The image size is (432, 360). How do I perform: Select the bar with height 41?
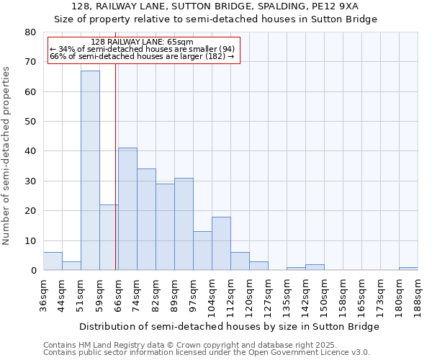tap(127, 209)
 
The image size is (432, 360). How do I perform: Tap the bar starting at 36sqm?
tap(53, 261)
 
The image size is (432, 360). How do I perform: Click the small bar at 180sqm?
tap(408, 269)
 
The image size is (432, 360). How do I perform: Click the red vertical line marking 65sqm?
tap(116, 166)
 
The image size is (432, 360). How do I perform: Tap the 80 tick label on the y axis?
tap(30, 32)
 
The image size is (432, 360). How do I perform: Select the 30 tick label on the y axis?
tap(30, 181)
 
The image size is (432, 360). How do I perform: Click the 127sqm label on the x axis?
tap(268, 295)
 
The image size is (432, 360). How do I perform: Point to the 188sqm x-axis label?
tap(418, 295)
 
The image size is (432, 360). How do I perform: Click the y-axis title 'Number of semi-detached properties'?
tap(7, 155)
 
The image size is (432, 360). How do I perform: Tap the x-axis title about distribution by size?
tap(229, 326)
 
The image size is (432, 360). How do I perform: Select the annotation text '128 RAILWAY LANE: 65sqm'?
tap(143, 42)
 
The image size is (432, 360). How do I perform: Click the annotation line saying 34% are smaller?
tap(143, 49)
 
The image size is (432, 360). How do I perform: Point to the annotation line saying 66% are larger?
tap(143, 56)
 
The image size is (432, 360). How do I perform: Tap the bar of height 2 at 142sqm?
tap(315, 267)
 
